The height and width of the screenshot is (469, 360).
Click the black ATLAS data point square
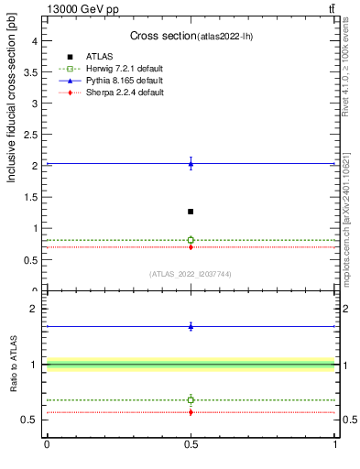click(191, 212)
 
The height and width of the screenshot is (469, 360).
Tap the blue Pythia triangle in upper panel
click(191, 164)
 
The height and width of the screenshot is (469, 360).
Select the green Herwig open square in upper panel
click(191, 240)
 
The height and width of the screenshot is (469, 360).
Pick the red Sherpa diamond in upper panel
click(191, 247)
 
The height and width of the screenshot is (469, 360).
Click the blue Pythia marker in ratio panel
click(191, 326)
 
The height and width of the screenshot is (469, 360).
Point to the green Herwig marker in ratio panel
click(191, 399)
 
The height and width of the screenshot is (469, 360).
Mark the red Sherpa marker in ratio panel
click(191, 412)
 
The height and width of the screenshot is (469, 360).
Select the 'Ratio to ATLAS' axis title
click(14, 365)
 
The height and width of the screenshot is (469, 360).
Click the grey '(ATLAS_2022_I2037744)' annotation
click(191, 274)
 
